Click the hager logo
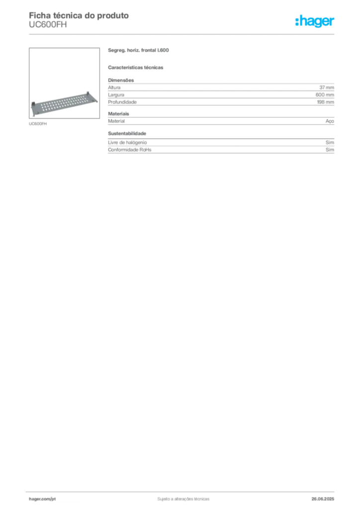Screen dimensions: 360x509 (314, 21)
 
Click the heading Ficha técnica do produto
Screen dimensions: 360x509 (79, 15)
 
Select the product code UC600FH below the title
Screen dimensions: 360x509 (48, 25)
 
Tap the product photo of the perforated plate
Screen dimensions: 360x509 (64, 83)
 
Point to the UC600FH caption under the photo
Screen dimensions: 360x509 (38, 124)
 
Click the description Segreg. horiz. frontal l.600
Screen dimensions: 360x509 (138, 50)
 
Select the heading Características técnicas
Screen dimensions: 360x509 (135, 68)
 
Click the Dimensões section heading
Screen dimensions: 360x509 (121, 80)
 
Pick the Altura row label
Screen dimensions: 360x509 (114, 87)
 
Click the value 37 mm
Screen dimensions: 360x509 (327, 87)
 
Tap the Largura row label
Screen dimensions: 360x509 (116, 95)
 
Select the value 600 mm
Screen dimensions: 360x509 (325, 95)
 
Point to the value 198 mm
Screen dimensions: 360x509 (326, 102)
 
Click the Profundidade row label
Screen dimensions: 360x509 (122, 102)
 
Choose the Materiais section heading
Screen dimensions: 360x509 (118, 114)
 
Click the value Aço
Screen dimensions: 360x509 (330, 121)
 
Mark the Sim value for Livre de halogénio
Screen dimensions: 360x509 (330, 143)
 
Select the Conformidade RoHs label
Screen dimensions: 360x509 (129, 150)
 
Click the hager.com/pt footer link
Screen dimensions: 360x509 (42, 499)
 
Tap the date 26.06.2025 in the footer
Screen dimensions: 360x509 (323, 499)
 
